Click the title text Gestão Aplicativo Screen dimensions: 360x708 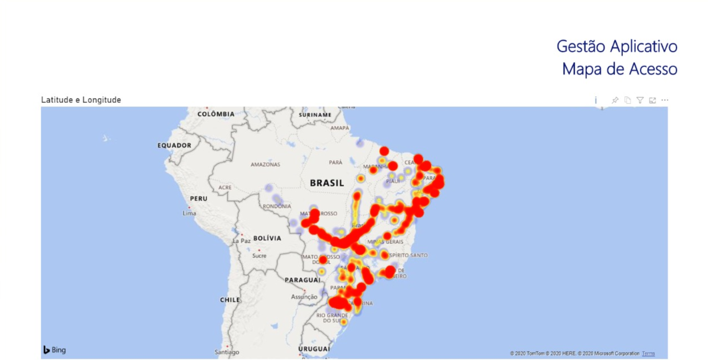coord(616,46)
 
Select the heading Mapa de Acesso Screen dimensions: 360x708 coord(620,69)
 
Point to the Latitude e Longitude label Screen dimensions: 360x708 coord(81,100)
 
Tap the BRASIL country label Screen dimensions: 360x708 coord(327,183)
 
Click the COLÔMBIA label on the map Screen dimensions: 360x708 coord(216,114)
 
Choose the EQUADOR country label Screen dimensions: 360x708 coord(174,145)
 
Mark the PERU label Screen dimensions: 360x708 coord(198,198)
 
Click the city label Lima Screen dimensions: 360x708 coord(190,213)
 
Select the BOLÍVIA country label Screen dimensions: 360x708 coord(267,238)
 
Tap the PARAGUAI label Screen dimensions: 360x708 coord(303,280)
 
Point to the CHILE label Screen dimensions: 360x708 coord(230,300)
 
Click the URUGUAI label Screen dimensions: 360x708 coord(314,349)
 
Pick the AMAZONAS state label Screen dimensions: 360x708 coord(265,165)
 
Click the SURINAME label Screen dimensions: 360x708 coord(315,115)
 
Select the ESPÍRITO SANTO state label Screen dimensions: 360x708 coord(408,255)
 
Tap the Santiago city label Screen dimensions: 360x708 coord(227,352)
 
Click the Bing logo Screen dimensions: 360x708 coord(55,350)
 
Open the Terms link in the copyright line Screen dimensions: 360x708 coord(648,353)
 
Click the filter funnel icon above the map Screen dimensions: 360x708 coord(640,100)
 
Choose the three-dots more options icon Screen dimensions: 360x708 coord(665,100)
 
